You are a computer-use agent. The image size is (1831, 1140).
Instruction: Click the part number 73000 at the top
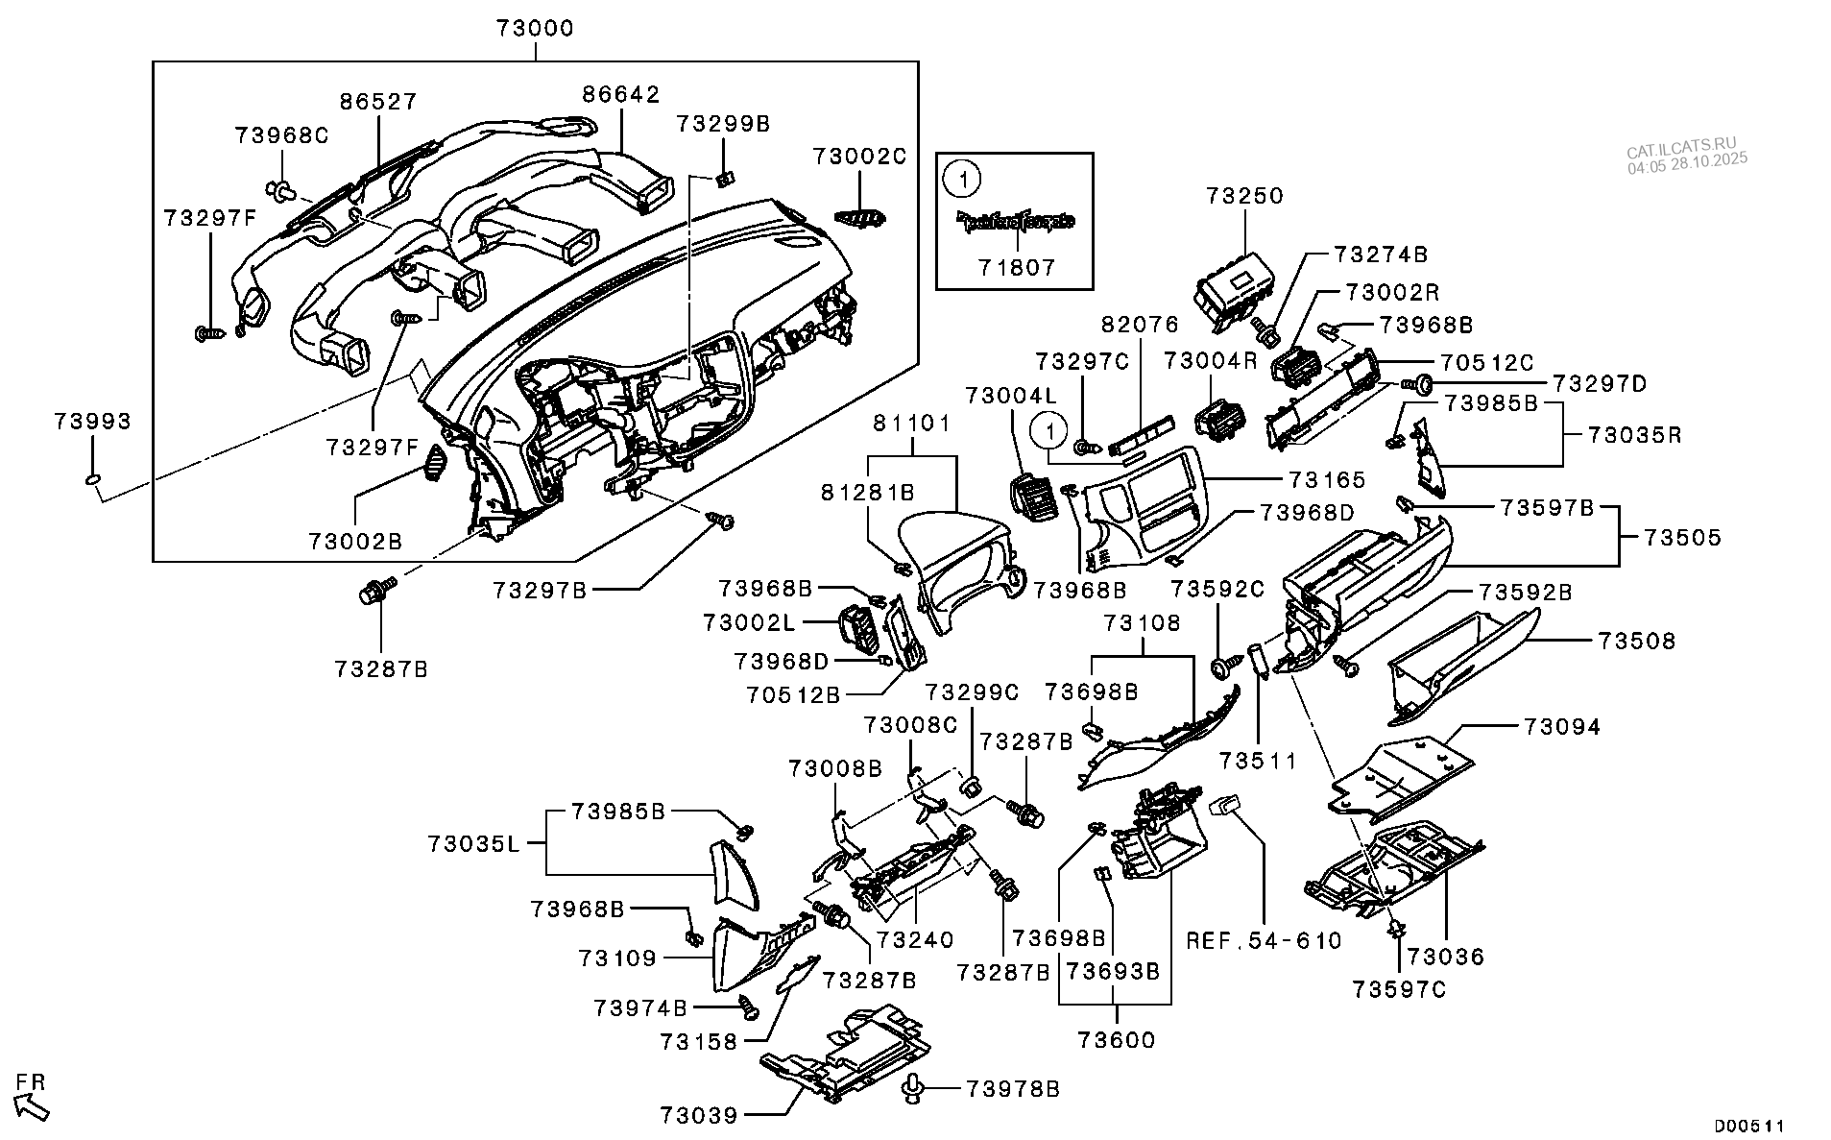coord(535,29)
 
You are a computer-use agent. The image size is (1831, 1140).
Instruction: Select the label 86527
coord(377,102)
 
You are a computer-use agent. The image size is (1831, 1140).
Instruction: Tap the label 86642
coord(621,94)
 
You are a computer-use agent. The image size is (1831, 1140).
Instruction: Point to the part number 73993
coord(92,422)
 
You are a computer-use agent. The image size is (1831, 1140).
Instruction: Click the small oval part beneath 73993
coord(92,479)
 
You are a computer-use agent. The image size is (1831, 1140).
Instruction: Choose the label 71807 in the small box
coord(1016,267)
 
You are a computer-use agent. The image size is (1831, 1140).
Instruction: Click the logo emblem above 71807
coord(1015,222)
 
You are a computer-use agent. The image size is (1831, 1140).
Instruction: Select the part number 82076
coord(1140,326)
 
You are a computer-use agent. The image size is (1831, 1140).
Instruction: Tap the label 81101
coord(911,423)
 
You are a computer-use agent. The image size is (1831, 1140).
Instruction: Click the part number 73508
coord(1636,641)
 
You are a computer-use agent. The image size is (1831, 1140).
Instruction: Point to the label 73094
coord(1561,727)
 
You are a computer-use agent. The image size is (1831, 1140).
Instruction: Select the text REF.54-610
coord(1264,941)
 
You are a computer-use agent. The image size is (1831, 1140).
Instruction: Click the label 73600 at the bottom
coord(1116,1040)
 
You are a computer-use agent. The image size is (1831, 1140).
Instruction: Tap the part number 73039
coord(698,1115)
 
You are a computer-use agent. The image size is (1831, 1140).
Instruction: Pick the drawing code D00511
coord(1750,1126)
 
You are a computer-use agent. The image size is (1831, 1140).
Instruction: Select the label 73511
coord(1258,762)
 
